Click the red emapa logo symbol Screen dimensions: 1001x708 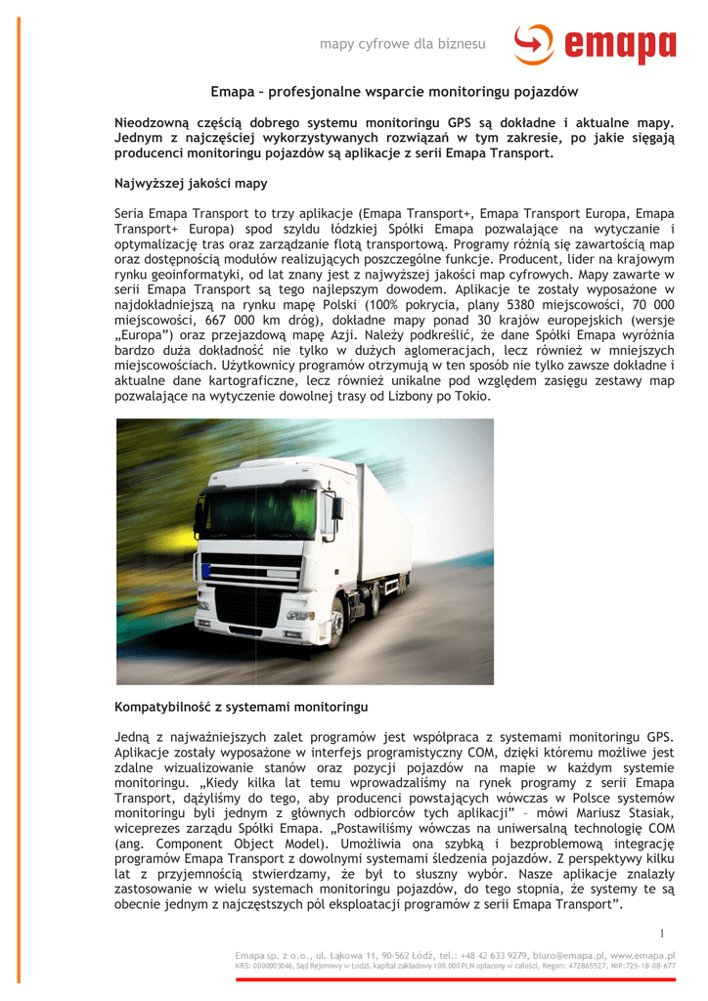tap(534, 46)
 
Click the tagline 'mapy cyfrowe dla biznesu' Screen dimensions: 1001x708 tap(403, 45)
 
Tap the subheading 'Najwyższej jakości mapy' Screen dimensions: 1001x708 tap(191, 184)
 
